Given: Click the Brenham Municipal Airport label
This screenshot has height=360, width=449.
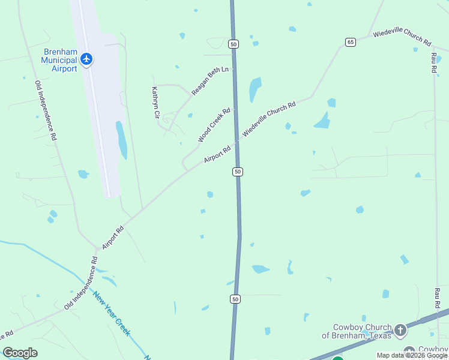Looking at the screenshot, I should pos(59,60).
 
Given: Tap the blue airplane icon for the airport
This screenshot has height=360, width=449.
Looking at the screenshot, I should pos(87,59).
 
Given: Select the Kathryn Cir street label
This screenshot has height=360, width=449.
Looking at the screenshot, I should pos(155,101).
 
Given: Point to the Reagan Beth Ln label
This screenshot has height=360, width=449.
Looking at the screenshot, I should pos(210,81).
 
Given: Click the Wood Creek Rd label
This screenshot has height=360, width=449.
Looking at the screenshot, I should pos(214,125).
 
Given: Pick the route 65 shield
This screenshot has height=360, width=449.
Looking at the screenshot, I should pos(351,41).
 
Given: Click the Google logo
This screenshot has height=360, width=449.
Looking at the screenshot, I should pos(20,353).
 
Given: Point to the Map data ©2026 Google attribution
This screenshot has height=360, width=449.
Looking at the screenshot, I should pos(412,355).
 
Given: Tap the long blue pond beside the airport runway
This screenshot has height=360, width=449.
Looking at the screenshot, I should pos(121,140).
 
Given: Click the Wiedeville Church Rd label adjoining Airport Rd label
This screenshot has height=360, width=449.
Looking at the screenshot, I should pos(269,120).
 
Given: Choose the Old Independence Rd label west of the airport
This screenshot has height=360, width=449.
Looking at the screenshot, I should pos(46,110).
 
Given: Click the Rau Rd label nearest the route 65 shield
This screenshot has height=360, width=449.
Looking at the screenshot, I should pos(434,62).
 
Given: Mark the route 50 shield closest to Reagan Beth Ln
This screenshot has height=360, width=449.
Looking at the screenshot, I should pos(234,44).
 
